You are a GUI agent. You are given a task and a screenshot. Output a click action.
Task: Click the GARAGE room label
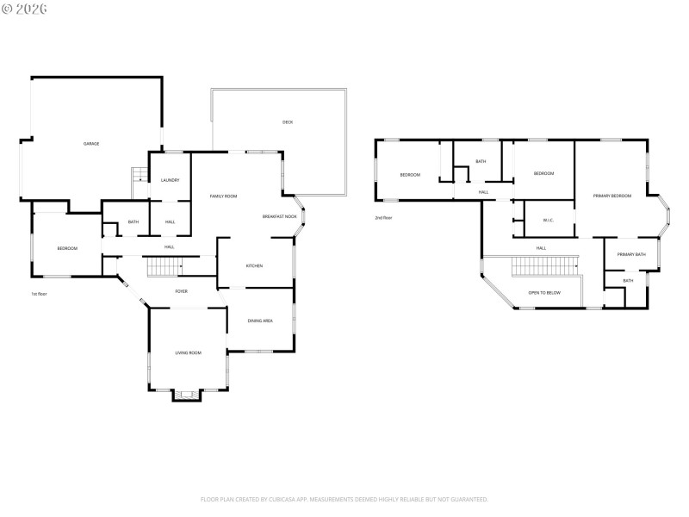(91, 143)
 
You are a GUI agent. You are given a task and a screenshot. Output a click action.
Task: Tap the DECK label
(288, 122)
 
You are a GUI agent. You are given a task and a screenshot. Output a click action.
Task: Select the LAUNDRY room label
(171, 180)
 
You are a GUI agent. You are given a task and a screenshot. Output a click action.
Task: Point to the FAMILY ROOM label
(223, 196)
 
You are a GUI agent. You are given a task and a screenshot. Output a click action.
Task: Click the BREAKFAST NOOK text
(280, 216)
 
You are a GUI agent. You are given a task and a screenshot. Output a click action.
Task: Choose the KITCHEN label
(254, 265)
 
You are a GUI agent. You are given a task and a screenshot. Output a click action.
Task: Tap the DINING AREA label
(260, 321)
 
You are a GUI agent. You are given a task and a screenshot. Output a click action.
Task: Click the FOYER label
(182, 291)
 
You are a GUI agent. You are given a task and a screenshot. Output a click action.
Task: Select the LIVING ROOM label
(188, 352)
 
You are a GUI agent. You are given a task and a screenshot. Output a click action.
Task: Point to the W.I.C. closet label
(548, 220)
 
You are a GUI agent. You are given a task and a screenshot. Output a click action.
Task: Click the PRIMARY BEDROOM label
(612, 196)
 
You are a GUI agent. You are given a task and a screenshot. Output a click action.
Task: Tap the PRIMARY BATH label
(630, 254)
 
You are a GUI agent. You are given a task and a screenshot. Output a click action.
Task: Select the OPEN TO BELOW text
(544, 293)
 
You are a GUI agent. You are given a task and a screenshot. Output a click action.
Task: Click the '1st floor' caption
(40, 294)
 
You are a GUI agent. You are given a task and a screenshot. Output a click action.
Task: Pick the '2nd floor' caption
(383, 218)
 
